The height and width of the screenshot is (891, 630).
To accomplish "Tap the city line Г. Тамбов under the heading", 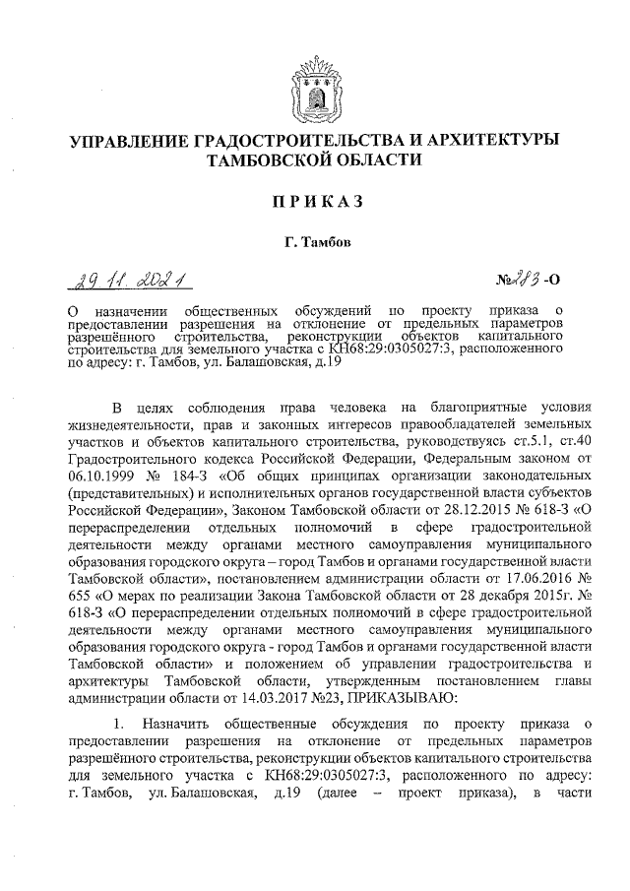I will click(314, 241).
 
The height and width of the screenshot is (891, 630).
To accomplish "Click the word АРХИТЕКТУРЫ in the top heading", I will click(492, 139).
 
